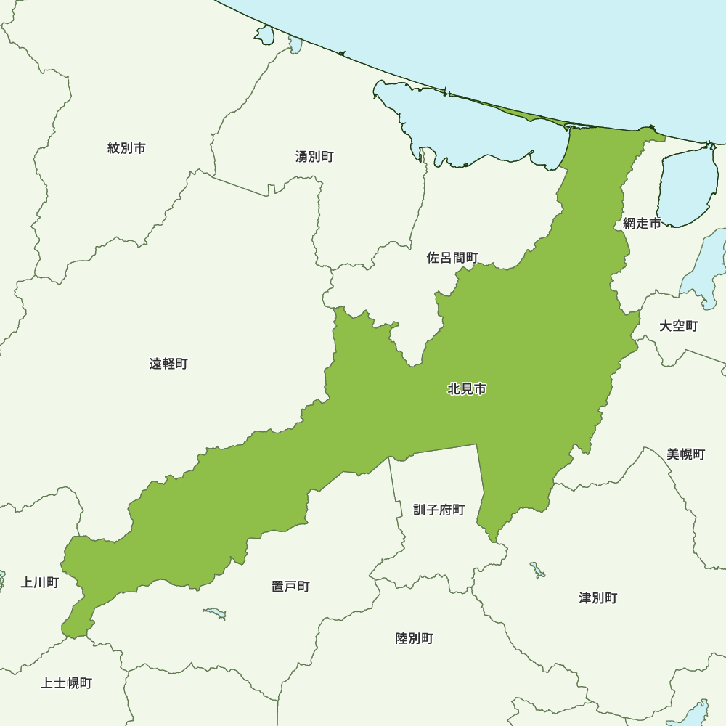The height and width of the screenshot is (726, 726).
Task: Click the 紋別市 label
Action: coord(126,148)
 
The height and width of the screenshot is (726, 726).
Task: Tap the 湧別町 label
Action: coord(314,156)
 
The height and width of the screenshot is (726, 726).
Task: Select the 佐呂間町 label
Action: coord(452,258)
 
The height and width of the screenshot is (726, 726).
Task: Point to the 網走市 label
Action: coord(642,224)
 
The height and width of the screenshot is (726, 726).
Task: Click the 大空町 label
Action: coord(678,326)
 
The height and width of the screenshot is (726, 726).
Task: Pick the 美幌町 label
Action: coord(685,454)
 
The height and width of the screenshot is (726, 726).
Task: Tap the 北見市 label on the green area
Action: coord(467,389)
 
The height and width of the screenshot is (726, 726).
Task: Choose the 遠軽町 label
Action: coord(168,364)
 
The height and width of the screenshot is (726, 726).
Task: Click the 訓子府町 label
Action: coord(439,510)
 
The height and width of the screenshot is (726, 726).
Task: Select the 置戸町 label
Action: coord(290,586)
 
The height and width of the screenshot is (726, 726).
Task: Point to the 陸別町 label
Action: coord(414,638)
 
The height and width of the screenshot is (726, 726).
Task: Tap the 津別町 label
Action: coord(597,598)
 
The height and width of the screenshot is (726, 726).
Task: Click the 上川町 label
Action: coord(39,582)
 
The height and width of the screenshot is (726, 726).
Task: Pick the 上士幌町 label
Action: coord(66,683)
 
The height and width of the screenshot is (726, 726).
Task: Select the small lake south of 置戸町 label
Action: coord(215,613)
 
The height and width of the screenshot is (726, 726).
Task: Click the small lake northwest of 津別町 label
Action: coord(537,569)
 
